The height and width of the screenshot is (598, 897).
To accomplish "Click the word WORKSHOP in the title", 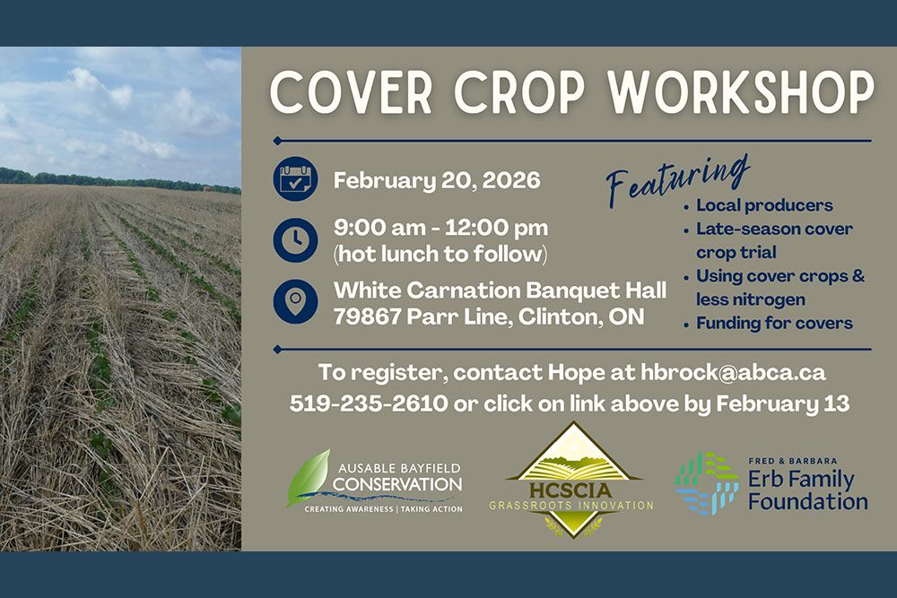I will [741, 91].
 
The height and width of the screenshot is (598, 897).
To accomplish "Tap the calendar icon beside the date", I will [295, 180].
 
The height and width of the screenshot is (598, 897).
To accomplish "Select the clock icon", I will [295, 240].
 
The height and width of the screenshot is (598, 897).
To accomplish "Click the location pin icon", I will [295, 301].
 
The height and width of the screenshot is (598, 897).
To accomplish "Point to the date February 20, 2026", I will [437, 181].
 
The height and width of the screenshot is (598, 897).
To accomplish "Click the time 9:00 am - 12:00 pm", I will [440, 228].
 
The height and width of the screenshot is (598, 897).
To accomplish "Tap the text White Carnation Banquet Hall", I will [500, 290].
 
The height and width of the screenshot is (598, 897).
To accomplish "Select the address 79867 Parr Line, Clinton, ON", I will [488, 316].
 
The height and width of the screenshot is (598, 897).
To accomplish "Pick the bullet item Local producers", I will [764, 205].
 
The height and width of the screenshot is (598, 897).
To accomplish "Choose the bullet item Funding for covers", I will [774, 323].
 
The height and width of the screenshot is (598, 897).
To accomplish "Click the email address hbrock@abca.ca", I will [733, 372].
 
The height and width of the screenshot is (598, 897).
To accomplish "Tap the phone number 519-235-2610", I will [368, 403].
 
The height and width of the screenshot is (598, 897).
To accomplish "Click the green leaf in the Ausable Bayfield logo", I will [306, 474].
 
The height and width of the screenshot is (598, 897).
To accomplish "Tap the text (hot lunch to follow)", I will [440, 254].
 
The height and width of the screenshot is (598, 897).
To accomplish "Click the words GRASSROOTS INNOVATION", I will [571, 506].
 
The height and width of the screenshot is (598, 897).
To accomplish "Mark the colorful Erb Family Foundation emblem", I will [707, 482].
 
